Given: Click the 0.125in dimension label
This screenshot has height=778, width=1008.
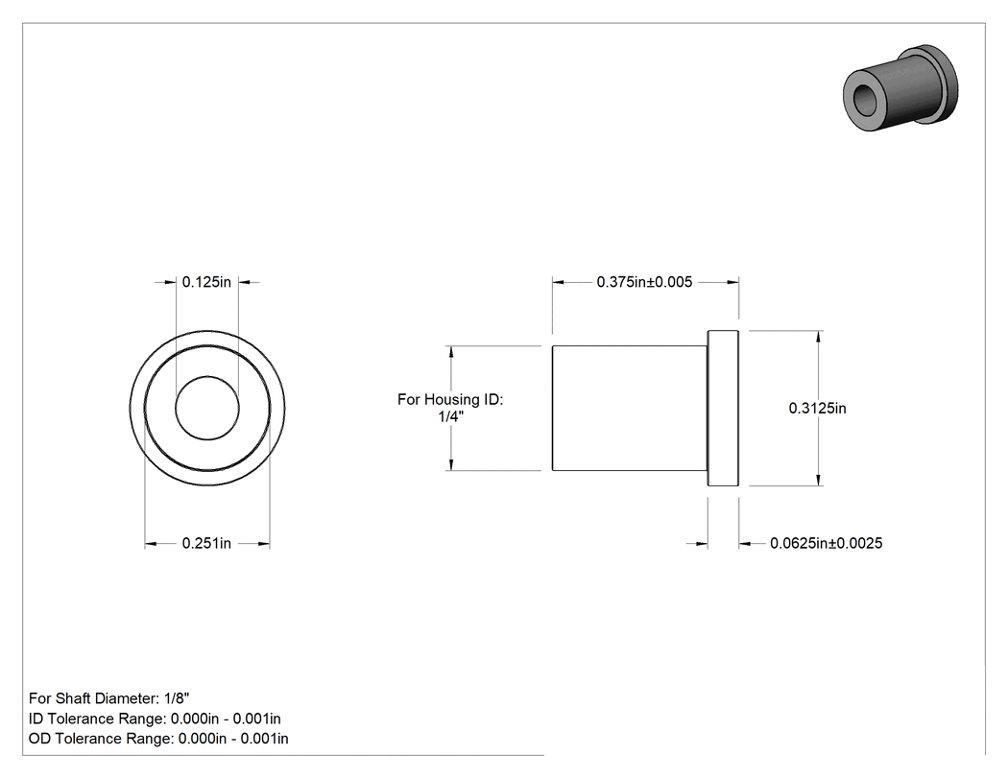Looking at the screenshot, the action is click(206, 282).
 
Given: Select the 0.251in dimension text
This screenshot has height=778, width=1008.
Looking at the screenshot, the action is click(206, 544).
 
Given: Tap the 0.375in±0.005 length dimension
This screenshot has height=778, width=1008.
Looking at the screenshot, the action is click(644, 282).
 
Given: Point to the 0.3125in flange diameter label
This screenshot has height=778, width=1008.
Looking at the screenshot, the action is click(818, 408).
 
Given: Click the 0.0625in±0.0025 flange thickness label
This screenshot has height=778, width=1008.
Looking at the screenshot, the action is click(826, 544).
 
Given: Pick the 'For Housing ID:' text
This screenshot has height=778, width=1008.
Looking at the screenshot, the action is click(450, 400).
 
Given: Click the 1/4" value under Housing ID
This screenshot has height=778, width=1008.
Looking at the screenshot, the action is click(450, 416).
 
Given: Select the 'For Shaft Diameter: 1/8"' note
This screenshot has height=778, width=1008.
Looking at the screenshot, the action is click(109, 698).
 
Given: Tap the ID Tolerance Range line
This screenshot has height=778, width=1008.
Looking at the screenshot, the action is click(155, 719).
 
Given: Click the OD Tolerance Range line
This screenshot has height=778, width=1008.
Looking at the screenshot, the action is click(158, 739).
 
